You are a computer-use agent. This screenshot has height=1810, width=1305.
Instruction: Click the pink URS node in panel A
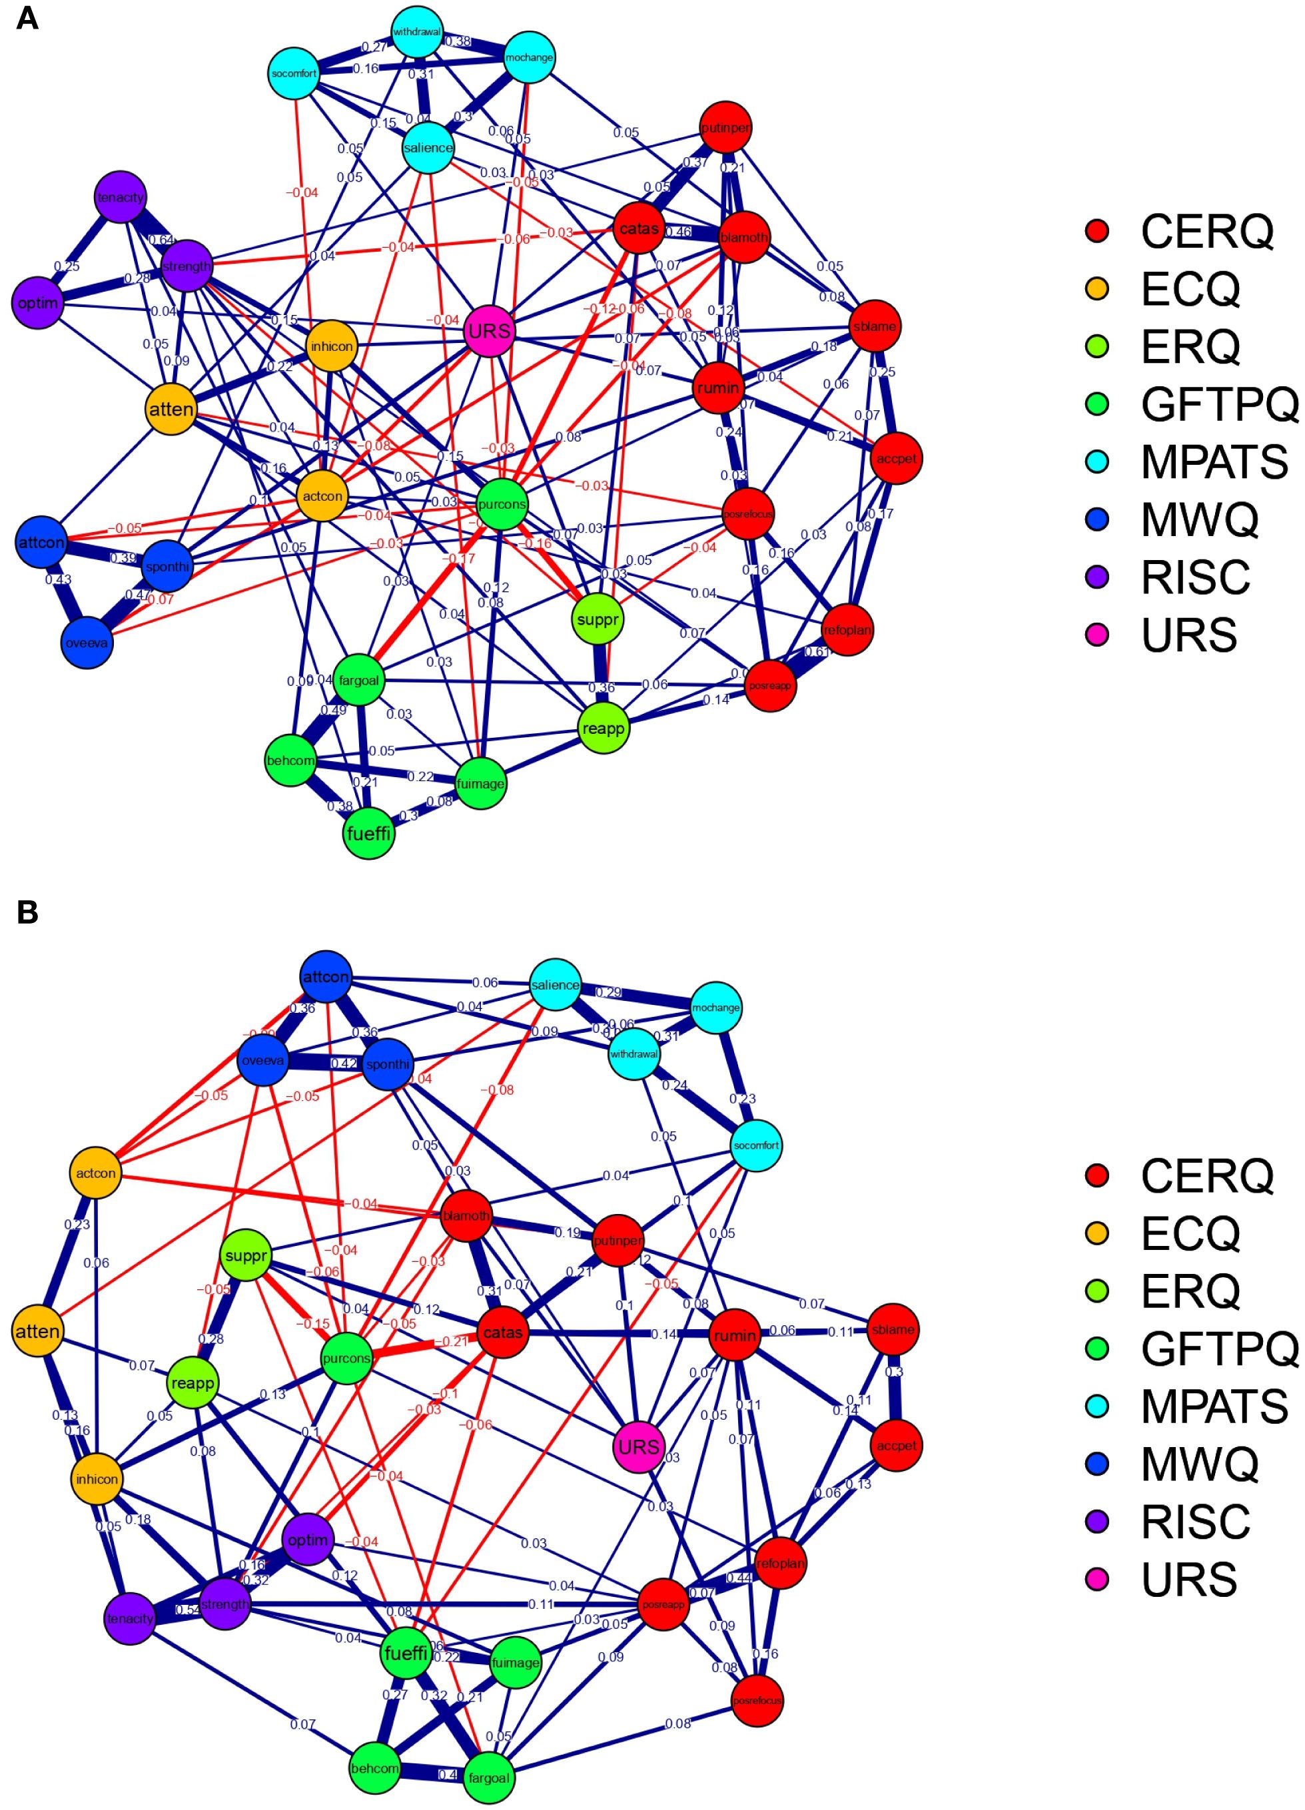coord(489,330)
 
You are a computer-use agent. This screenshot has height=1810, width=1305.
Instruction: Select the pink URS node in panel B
coord(640,1446)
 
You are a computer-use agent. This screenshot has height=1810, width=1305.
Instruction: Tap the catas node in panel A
coord(639,229)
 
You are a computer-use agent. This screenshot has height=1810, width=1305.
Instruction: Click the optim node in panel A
coord(37,303)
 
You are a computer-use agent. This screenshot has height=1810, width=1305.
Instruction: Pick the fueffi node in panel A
coord(369,834)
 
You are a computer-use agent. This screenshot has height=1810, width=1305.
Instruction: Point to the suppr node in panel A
coord(597,619)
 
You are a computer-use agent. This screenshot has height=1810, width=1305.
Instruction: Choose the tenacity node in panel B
coord(130,1618)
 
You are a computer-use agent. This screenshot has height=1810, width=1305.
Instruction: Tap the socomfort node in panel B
coord(756,1145)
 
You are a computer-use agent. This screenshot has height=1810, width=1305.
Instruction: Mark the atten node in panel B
coord(37,1331)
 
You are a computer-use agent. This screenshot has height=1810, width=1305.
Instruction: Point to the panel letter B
coord(27,912)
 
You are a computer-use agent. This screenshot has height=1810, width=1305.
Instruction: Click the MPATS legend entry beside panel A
coord(1213,462)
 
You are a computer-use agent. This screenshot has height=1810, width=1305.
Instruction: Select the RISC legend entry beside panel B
coord(1195,1521)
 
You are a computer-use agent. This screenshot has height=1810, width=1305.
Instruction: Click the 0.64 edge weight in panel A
coord(161,240)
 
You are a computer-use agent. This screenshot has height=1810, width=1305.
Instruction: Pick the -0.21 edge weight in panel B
coord(454,1342)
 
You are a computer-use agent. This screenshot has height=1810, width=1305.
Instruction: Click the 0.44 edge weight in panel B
coord(739,1578)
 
